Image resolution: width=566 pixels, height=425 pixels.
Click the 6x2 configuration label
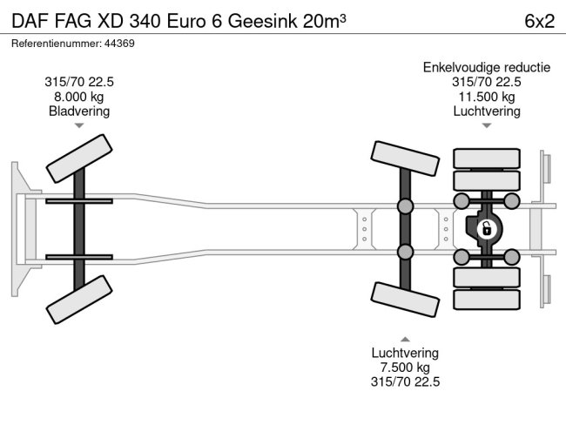[539, 21]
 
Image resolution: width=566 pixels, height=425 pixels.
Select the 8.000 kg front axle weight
[79, 97]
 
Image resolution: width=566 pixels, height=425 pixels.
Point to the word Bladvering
[79, 111]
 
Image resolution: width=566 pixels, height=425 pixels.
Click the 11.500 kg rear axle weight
[486, 97]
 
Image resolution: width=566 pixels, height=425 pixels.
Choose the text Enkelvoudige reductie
[486, 67]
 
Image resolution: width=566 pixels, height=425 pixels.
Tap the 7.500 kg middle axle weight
[405, 368]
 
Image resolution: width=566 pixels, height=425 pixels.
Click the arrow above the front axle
[79, 126]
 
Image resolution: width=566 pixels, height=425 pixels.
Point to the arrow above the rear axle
[486, 126]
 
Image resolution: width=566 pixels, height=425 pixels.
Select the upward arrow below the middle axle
[405, 339]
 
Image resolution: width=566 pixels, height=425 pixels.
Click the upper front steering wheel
[80, 156]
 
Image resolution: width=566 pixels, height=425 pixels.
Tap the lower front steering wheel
[80, 300]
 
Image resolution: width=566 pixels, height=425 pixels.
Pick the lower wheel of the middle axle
[405, 300]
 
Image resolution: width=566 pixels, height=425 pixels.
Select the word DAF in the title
[29, 21]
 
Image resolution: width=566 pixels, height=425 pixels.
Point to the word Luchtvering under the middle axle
[405, 353]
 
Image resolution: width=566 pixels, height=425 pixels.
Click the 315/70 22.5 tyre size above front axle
[79, 82]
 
